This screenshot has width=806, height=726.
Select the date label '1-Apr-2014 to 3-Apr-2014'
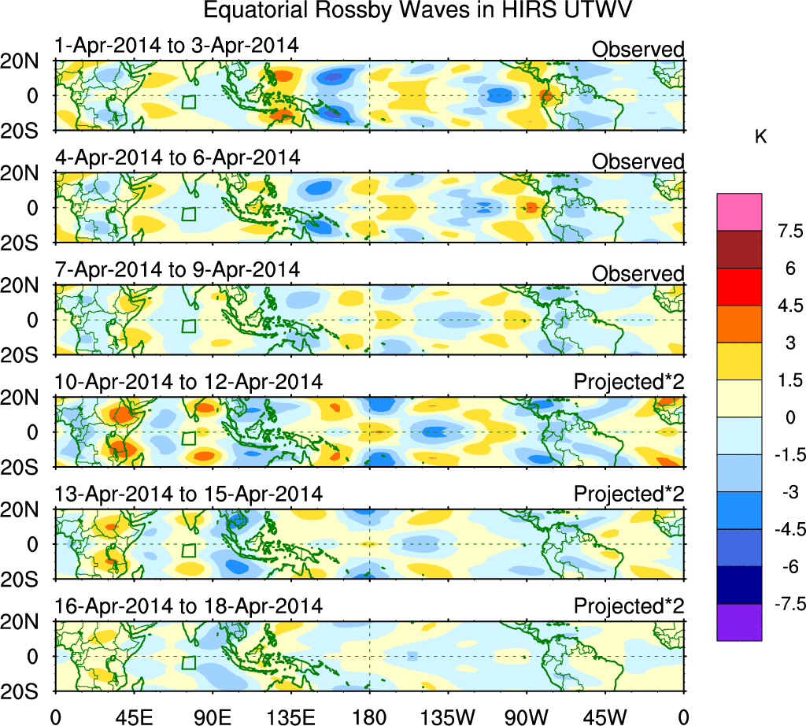[x=177, y=46]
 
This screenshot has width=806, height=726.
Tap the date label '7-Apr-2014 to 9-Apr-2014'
[x=177, y=270]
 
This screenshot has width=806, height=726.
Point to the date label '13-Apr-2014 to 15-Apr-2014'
[x=189, y=494]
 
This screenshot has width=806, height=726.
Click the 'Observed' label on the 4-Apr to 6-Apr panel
[x=638, y=161]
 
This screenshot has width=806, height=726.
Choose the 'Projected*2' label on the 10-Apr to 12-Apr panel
[x=629, y=383]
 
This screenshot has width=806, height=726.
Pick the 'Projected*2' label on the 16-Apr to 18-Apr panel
[x=629, y=607]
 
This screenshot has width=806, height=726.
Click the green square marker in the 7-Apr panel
[x=188, y=326]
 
